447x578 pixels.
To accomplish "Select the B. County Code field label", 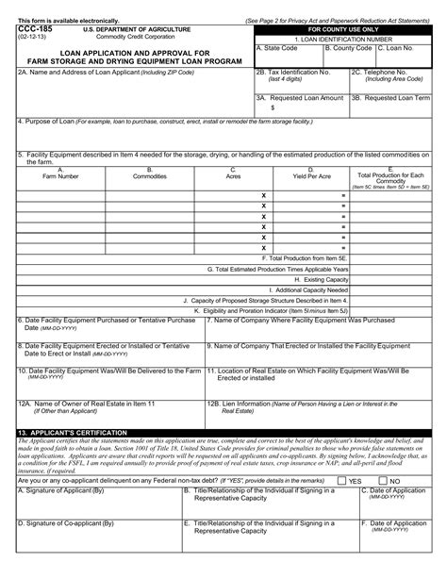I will point(349,46).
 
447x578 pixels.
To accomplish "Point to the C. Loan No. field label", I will point(400,46).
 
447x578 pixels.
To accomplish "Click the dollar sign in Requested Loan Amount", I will point(273,107).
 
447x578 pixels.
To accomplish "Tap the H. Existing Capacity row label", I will point(322,279).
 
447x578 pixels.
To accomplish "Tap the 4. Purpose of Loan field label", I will point(56,122).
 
